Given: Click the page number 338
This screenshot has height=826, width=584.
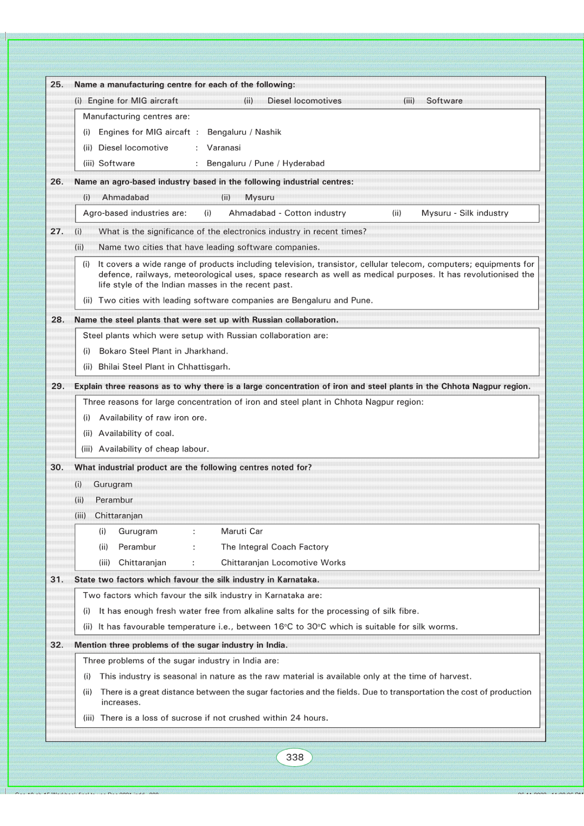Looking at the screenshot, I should click(295, 757).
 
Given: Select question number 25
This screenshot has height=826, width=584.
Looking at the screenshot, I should click(57, 84).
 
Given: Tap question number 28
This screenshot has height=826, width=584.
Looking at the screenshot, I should click(58, 320).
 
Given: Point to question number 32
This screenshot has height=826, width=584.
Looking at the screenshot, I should click(57, 645).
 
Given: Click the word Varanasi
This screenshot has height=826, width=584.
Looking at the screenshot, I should click(224, 148).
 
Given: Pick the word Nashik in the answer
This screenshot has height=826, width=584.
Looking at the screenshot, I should click(268, 132).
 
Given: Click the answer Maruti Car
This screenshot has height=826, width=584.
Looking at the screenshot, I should click(242, 531).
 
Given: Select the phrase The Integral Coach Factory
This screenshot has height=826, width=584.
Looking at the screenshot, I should click(275, 547).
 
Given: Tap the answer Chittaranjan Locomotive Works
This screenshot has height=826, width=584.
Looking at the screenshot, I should click(283, 563).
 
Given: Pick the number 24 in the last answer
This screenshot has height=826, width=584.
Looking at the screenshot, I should click(295, 718).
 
